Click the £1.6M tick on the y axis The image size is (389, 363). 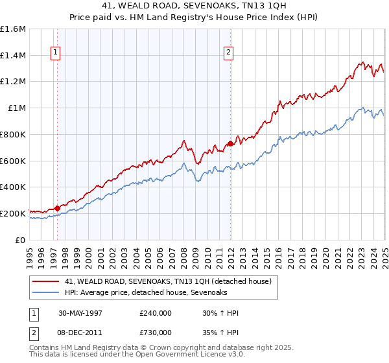click(13, 29)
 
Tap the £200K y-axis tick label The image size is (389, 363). click(13, 213)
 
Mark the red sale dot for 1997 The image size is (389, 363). click(57, 208)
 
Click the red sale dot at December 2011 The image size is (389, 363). click(230, 144)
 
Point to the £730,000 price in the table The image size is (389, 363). click(156, 333)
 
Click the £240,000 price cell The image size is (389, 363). click(156, 313)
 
